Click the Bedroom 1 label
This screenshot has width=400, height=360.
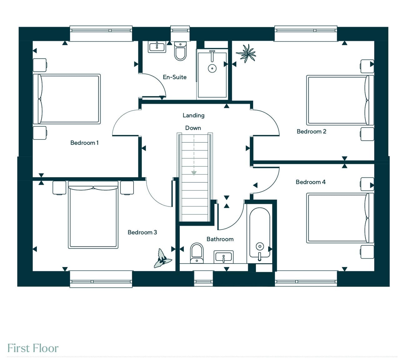[x=84, y=143]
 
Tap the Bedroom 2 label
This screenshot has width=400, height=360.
[x=311, y=131]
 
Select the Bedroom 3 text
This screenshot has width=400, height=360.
[x=142, y=232]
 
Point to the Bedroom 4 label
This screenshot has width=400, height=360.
[x=310, y=182]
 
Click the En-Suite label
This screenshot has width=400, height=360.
[x=175, y=77]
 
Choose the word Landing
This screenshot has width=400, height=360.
[x=193, y=116]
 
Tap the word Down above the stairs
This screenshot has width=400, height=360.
[x=193, y=128]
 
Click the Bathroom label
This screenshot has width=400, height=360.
[x=220, y=239]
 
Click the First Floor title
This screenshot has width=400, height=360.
[x=33, y=348]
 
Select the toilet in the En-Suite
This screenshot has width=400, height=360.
[x=180, y=51]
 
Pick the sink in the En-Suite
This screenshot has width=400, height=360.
[x=157, y=47]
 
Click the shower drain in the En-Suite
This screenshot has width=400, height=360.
[x=212, y=68]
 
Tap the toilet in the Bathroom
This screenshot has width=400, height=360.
[x=197, y=253]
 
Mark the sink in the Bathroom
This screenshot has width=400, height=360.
[x=223, y=257]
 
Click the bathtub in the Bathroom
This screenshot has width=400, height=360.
[x=259, y=234]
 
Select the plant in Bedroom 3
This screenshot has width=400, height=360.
[x=162, y=258]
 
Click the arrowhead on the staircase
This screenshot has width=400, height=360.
[x=194, y=173]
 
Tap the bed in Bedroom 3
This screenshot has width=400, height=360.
[x=93, y=215]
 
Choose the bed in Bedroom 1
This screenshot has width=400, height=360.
[x=67, y=99]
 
